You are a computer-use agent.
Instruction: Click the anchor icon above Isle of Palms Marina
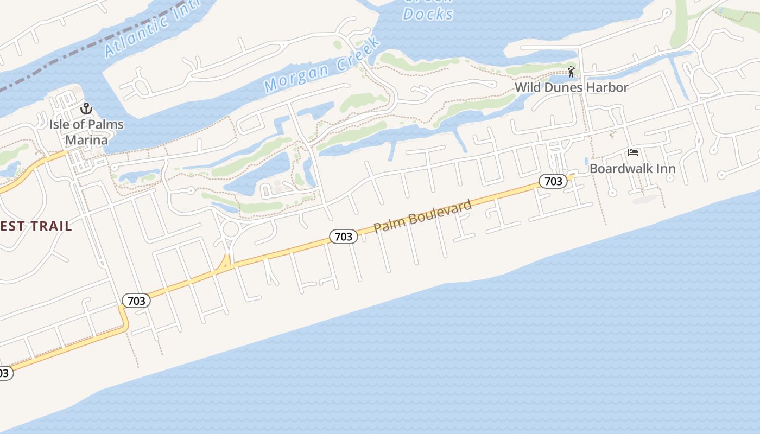point(86,109)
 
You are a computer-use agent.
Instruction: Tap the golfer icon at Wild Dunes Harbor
point(571,72)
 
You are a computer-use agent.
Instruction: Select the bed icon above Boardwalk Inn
point(633,152)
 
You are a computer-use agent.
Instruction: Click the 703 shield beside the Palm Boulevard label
point(344,236)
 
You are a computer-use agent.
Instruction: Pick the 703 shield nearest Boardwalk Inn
point(553,181)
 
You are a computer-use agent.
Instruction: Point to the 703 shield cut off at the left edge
point(4,373)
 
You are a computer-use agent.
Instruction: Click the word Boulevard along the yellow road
point(440,212)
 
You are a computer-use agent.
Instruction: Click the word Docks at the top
point(428,14)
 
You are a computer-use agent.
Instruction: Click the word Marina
point(86,140)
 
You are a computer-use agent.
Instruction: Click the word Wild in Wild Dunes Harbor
point(526,87)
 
